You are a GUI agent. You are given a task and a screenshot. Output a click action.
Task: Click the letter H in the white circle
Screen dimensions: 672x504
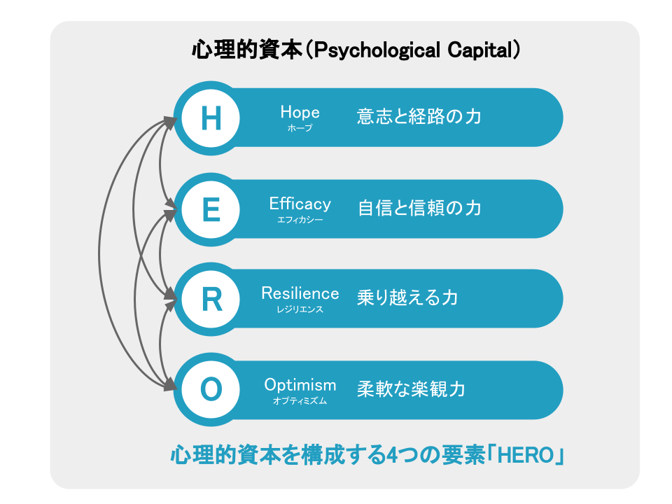point(211,118)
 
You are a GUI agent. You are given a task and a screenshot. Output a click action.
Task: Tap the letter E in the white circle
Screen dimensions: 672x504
point(211,209)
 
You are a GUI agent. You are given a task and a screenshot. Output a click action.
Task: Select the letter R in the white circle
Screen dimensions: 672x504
point(211,299)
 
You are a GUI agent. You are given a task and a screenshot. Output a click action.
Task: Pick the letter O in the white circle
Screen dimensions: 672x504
point(211,389)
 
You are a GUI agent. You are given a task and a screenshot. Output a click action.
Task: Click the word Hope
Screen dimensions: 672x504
point(300,112)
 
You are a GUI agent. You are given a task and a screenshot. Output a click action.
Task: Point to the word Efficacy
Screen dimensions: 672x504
point(300,204)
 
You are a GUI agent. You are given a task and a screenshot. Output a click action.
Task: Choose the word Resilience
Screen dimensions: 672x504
point(300,293)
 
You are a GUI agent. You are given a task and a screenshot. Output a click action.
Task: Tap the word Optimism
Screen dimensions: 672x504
point(300,385)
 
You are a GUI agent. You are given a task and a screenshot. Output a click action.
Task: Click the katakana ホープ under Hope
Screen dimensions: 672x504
point(300,127)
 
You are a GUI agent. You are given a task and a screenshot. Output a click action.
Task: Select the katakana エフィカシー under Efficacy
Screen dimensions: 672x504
point(300,220)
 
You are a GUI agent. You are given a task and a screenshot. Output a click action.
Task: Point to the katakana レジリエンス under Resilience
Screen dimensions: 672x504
point(300,309)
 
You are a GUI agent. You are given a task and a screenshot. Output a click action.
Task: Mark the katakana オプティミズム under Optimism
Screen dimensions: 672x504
point(300,400)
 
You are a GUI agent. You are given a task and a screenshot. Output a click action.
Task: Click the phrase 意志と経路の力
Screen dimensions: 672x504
point(419,117)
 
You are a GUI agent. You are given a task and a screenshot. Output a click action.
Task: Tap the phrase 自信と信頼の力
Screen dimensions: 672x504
point(419,208)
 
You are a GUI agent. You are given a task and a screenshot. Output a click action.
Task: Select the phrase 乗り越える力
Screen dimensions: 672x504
point(407,297)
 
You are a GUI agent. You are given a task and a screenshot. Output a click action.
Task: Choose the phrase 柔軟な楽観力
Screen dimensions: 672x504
point(411,389)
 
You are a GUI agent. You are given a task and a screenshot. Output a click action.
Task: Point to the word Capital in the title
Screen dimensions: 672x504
point(480,50)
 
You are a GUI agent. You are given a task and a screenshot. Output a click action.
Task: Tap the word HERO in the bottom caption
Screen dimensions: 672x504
point(526,455)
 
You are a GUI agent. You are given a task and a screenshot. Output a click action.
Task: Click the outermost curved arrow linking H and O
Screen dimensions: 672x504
point(99,253)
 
